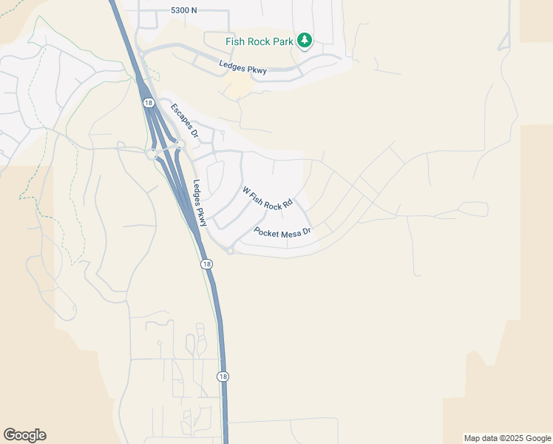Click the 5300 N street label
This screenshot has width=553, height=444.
tap(185, 11)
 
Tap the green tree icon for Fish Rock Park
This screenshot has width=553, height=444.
tap(305, 41)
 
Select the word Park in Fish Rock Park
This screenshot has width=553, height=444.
tap(282, 41)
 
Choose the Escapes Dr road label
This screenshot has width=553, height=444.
tap(185, 121)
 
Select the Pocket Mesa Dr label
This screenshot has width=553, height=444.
tap(284, 232)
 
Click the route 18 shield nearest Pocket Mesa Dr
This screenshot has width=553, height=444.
tap(206, 264)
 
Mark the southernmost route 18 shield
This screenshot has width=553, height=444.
tap(223, 377)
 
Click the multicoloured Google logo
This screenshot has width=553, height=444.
tap(24, 435)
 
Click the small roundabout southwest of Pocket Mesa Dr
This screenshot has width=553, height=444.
tap(231, 252)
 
